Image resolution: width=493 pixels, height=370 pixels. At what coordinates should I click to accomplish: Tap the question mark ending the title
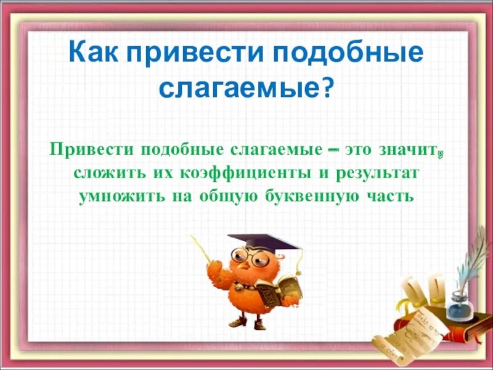[327, 90]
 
